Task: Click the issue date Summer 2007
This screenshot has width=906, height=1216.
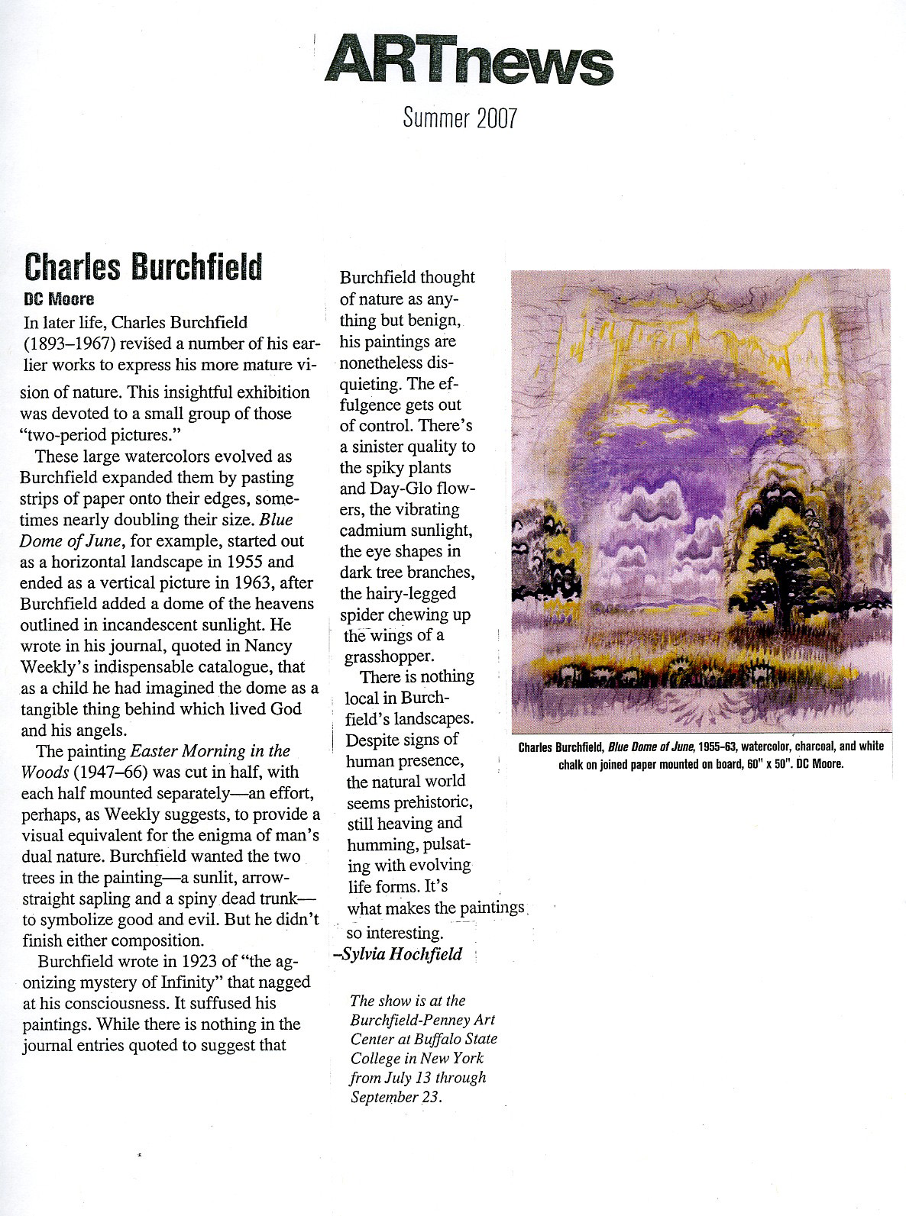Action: [x=460, y=118]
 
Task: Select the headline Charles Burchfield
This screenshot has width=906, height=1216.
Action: [x=143, y=266]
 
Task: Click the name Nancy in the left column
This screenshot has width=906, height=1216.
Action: [x=269, y=646]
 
